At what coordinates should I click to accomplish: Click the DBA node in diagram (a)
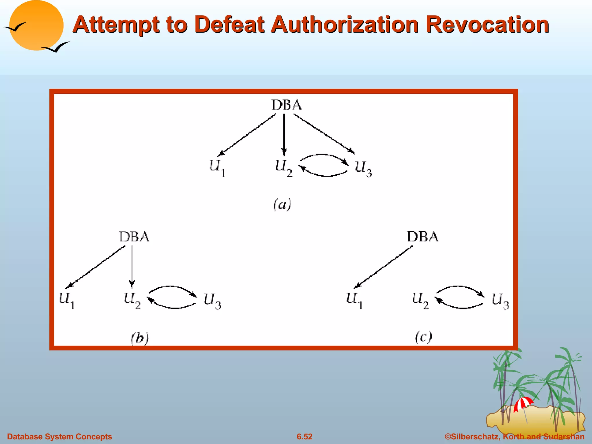click(286, 105)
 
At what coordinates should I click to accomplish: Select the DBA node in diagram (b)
click(134, 237)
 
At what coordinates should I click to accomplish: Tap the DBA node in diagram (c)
click(423, 237)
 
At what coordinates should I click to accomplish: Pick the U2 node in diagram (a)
click(284, 167)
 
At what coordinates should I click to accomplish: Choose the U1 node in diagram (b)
click(67, 300)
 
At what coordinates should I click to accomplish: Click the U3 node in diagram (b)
click(212, 300)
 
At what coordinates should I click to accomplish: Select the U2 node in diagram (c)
click(420, 300)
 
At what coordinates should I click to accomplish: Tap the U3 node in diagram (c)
click(500, 300)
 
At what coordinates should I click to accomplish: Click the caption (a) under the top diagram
click(282, 204)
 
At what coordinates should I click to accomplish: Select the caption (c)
click(423, 337)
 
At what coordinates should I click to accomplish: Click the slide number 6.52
click(304, 436)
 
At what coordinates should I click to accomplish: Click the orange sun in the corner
click(36, 25)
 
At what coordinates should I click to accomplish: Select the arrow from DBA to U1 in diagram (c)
click(384, 267)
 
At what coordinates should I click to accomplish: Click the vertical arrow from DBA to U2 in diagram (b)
click(132, 266)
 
